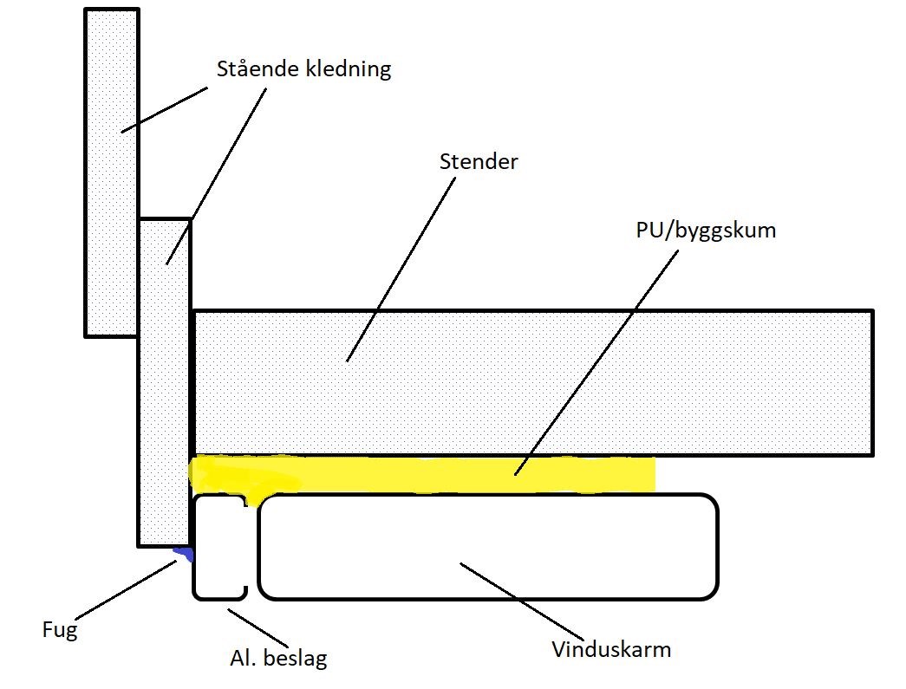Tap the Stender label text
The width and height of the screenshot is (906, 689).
(x=479, y=161)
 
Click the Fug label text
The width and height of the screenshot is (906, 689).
(x=59, y=629)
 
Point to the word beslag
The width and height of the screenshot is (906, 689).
(x=296, y=659)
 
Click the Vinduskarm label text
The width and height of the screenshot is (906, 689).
(x=611, y=649)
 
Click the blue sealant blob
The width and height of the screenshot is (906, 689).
(x=183, y=553)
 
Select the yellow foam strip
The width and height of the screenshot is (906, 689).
(x=416, y=473)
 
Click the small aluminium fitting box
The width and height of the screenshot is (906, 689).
(x=217, y=546)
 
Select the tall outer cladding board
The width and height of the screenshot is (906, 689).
(x=111, y=173)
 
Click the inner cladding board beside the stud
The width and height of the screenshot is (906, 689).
(x=164, y=390)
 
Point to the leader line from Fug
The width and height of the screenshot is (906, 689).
(x=130, y=589)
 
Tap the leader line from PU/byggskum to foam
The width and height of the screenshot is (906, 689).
(x=598, y=364)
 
